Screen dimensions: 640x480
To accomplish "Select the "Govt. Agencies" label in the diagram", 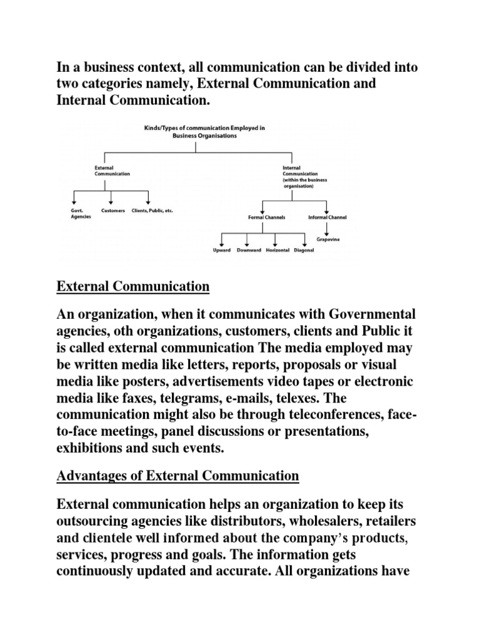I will tap(81, 213).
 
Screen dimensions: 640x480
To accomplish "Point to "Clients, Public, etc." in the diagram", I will tap(152, 211).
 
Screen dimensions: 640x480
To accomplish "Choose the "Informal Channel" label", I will tap(327, 217).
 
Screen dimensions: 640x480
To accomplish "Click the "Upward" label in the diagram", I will tap(222, 251).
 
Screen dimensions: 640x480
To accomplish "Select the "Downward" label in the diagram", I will tap(248, 251).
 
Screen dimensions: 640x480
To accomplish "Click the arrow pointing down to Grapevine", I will tap(327, 229).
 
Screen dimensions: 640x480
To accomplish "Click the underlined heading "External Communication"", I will tap(133, 287).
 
